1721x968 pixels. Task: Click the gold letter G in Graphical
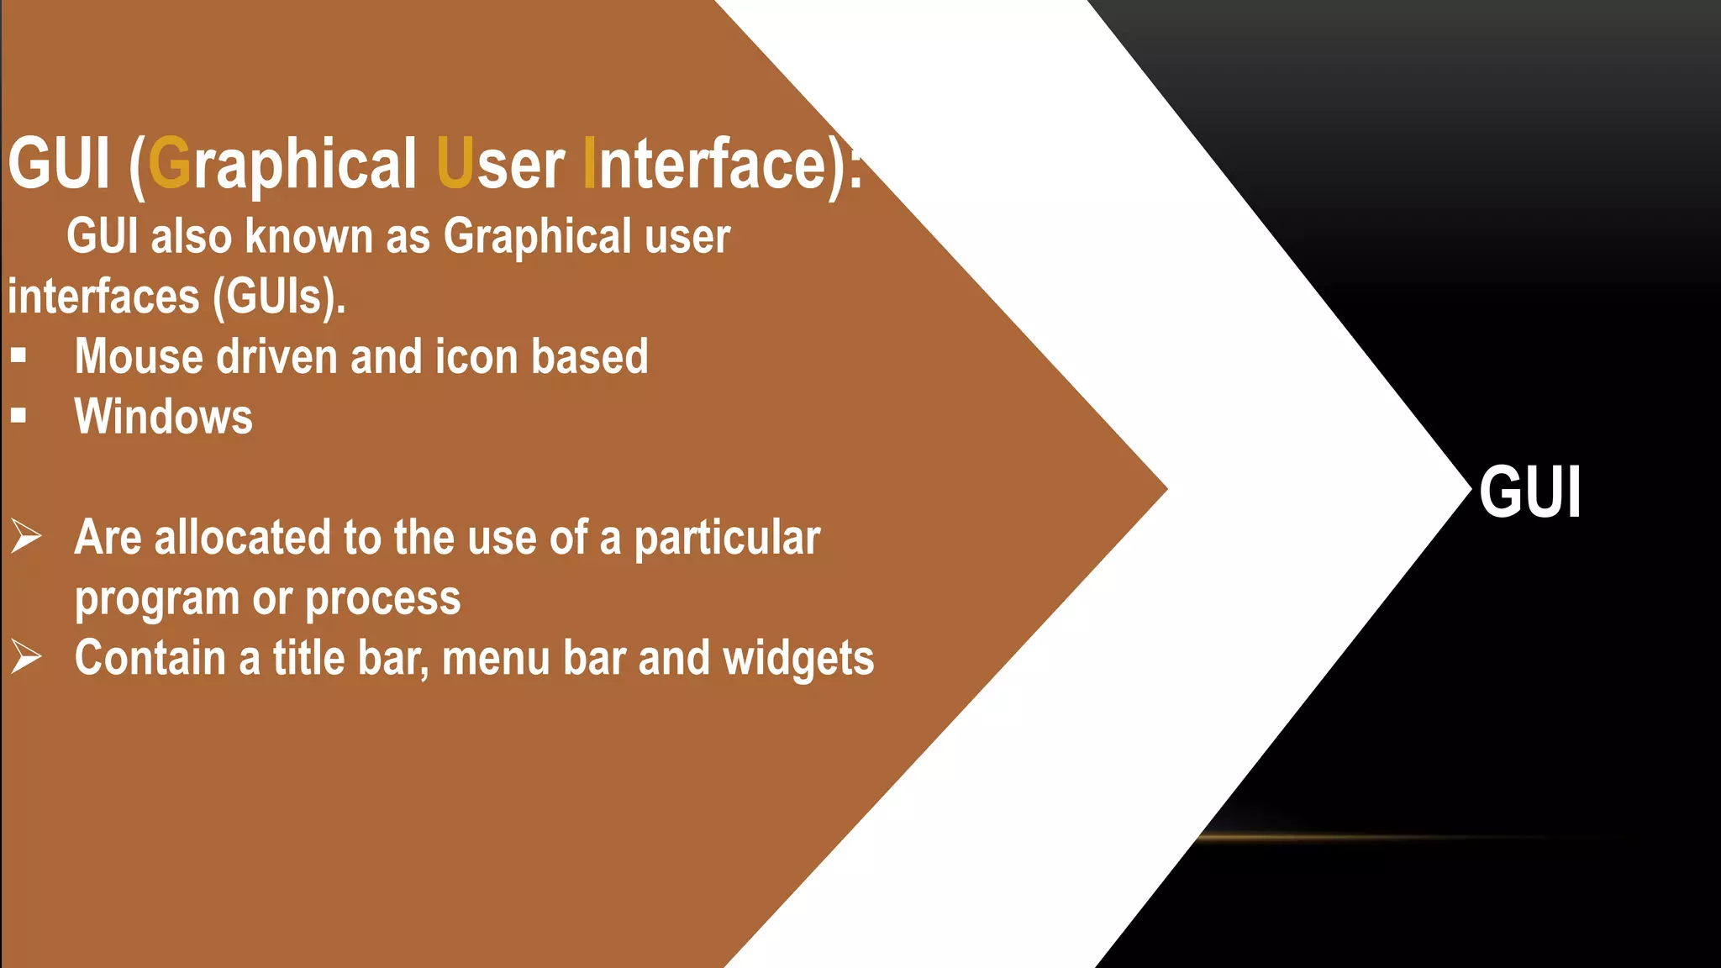pos(170,163)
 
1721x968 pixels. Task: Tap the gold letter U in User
pos(455,163)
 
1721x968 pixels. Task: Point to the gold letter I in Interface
pos(589,163)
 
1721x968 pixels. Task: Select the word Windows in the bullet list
pos(163,417)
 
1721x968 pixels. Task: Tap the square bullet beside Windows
pos(18,415)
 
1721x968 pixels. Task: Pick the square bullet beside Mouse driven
pos(18,355)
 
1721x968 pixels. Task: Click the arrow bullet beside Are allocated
pos(26,536)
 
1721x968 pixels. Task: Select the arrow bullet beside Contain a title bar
pos(26,656)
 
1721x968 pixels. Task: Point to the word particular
pos(727,538)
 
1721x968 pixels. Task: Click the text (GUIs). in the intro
pos(279,297)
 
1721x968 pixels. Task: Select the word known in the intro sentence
pos(308,236)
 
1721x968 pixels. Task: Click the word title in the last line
pos(308,658)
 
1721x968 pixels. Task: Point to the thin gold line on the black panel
pos(1370,837)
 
